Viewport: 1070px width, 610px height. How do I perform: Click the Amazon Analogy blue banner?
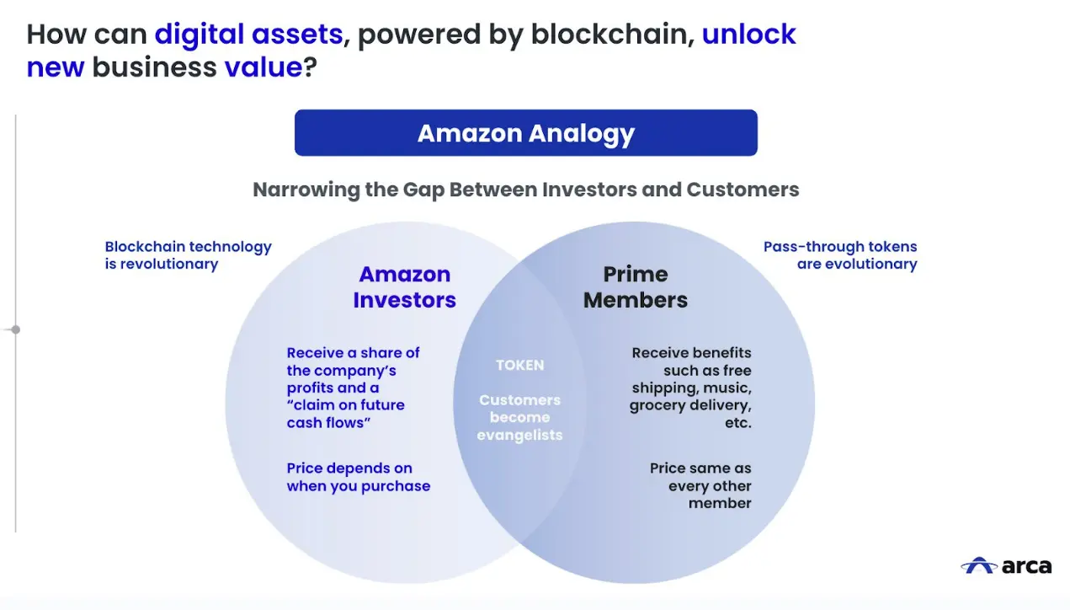point(525,133)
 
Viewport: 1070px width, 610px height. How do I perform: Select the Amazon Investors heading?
point(404,287)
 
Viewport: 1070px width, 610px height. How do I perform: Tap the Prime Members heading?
point(636,287)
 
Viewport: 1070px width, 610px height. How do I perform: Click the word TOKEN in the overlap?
point(519,365)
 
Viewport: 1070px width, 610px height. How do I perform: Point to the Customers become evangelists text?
point(519,417)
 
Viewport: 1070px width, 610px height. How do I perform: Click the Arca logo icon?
point(978,565)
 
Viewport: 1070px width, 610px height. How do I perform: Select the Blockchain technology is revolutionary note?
point(188,255)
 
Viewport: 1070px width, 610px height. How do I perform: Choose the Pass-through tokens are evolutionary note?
point(840,255)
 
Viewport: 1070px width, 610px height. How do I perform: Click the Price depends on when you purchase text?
point(358,477)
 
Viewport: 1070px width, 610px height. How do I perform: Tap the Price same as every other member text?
point(701,485)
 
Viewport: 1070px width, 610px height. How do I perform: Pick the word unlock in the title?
point(748,35)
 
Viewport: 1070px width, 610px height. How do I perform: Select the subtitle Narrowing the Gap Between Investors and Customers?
point(526,189)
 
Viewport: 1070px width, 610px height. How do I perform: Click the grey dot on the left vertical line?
point(15,329)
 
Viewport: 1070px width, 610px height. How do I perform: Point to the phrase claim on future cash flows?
point(345,414)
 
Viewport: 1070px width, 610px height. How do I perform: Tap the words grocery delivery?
point(690,405)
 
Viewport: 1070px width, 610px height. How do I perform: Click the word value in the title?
point(263,67)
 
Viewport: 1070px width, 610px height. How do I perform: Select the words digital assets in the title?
point(248,35)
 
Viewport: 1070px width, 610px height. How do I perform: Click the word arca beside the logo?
point(1026,565)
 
